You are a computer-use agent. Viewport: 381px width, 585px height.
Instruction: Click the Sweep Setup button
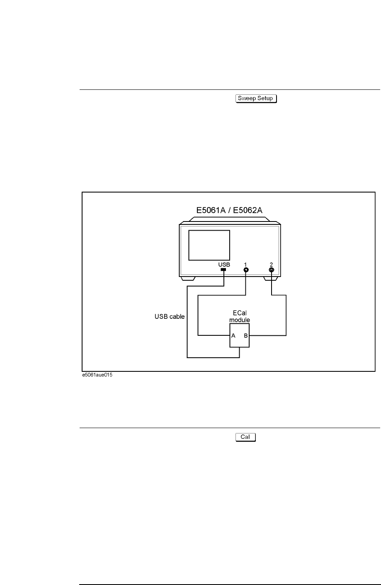click(256, 99)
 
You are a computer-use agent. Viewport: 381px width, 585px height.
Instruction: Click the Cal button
click(245, 437)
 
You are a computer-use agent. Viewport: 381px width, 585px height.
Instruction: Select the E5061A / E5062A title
click(230, 210)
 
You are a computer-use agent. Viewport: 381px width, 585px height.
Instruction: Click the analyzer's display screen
click(209, 246)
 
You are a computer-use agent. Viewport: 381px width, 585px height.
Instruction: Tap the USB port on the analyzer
click(224, 270)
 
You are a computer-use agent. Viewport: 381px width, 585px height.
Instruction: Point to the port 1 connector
click(246, 270)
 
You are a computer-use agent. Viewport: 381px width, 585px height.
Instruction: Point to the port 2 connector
click(272, 270)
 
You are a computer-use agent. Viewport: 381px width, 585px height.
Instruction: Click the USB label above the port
click(224, 264)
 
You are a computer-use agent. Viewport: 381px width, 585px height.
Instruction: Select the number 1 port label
click(246, 264)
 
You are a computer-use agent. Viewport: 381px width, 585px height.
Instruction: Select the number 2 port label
click(272, 264)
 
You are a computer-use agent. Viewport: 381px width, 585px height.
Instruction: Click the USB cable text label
click(167, 317)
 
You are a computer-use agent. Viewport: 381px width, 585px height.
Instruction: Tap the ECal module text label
click(240, 317)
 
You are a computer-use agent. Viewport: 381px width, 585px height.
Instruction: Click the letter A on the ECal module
click(233, 336)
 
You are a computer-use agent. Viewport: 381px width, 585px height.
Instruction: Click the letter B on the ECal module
click(245, 336)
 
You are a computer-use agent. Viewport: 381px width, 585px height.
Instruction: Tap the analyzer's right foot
click(272, 279)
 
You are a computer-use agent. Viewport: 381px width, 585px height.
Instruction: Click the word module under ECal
click(240, 320)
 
